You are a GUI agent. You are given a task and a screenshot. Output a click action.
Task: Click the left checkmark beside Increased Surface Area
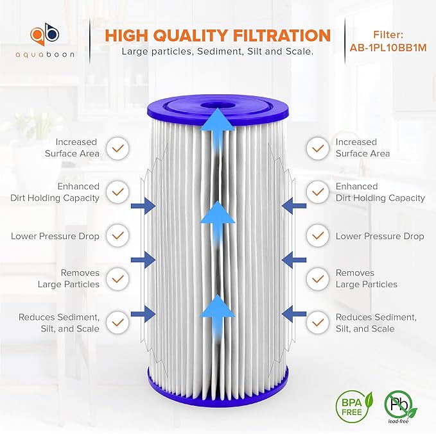[117, 148]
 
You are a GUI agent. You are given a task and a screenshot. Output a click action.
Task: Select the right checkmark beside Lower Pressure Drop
[318, 236]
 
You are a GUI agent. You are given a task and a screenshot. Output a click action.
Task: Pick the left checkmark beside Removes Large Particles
[117, 279]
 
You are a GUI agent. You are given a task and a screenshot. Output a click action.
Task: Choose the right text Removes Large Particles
[366, 279]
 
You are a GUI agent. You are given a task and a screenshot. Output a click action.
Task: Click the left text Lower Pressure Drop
[55, 236]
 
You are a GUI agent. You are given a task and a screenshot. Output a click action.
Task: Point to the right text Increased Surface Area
[362, 148]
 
